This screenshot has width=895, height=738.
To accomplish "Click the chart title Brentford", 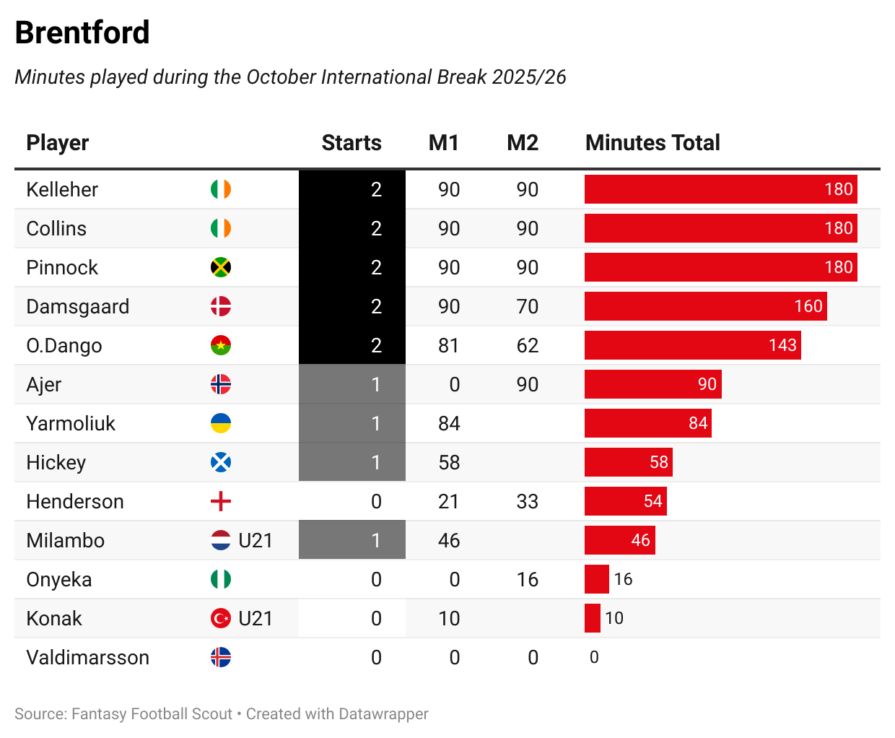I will pyautogui.click(x=82, y=32).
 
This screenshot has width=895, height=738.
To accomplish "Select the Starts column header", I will pyautogui.click(x=352, y=143).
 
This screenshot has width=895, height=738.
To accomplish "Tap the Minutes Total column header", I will pyautogui.click(x=652, y=143).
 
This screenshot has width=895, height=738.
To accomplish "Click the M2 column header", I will pyautogui.click(x=523, y=143).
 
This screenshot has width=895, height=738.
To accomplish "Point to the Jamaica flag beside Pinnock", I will pyautogui.click(x=221, y=267).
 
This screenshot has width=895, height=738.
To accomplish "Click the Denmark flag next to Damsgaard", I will pyautogui.click(x=221, y=306).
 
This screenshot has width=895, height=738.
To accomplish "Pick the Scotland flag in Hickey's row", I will pyautogui.click(x=221, y=462).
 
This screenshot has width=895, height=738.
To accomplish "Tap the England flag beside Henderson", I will pyautogui.click(x=221, y=501).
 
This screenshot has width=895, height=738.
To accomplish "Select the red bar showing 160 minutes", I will pyautogui.click(x=705, y=306).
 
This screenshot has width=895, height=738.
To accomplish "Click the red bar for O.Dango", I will pyautogui.click(x=692, y=345).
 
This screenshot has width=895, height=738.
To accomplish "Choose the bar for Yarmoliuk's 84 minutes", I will pyautogui.click(x=647, y=423).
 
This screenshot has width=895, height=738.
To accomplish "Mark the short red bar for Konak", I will pyautogui.click(x=593, y=618).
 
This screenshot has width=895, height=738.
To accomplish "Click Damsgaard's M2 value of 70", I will pyautogui.click(x=527, y=306).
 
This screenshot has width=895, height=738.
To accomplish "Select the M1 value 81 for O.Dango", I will pyautogui.click(x=448, y=345).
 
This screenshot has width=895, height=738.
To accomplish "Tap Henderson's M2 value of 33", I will pyautogui.click(x=527, y=501).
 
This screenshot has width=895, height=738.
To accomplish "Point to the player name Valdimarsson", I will pyautogui.click(x=88, y=657).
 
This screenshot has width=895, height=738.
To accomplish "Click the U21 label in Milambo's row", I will pyautogui.click(x=256, y=540).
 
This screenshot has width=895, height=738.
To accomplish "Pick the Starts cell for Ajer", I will pyautogui.click(x=352, y=384).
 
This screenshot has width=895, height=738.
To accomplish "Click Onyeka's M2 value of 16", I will pyautogui.click(x=527, y=579).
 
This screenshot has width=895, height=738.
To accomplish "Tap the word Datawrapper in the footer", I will pyautogui.click(x=383, y=714).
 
